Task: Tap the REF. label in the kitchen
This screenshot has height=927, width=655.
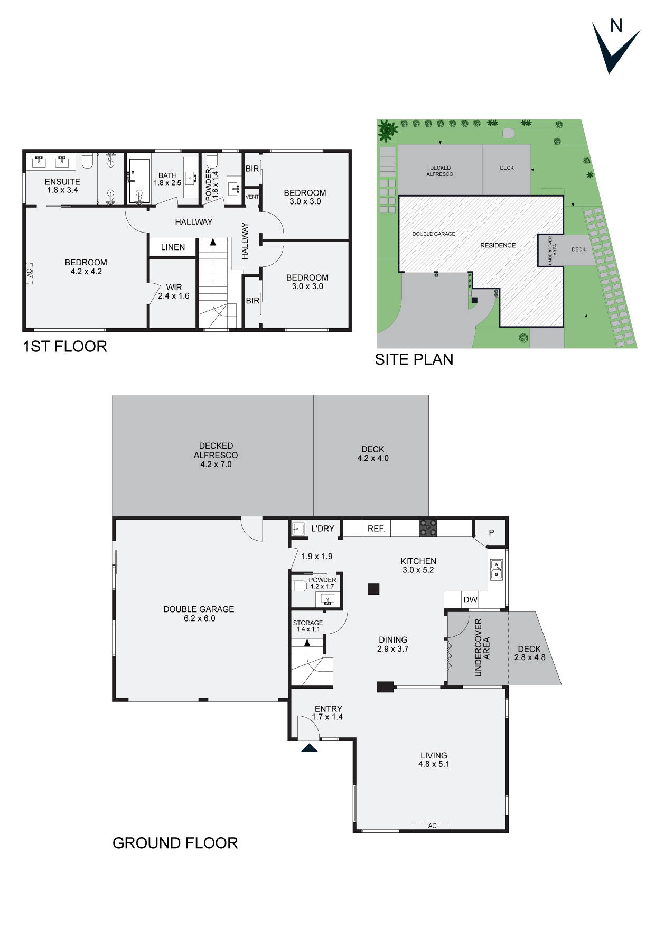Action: coord(376,529)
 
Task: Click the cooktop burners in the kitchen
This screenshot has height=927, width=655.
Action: coord(428,528)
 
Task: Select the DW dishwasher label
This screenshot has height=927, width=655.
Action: coord(470,599)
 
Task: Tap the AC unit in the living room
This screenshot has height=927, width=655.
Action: coord(432,825)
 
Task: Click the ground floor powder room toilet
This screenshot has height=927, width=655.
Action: coord(300,586)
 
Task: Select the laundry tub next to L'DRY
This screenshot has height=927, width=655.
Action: coord(298,528)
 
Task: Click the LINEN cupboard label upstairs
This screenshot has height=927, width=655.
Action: coord(173,247)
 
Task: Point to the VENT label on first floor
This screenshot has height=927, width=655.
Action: coord(252,197)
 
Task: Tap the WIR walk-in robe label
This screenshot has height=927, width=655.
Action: coord(174,288)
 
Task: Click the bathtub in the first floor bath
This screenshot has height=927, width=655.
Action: coord(139,181)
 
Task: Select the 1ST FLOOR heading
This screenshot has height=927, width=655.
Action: coord(65,347)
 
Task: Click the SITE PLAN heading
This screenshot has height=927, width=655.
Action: coord(414,359)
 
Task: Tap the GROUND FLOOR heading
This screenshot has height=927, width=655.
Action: coord(175,843)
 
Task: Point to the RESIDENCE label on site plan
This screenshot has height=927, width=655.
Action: coord(498,245)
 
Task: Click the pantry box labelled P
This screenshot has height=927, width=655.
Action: coord(491,532)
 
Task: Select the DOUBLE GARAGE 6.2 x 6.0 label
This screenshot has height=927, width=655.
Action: coord(199,614)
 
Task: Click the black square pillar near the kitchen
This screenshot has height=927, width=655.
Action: coord(373,589)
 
